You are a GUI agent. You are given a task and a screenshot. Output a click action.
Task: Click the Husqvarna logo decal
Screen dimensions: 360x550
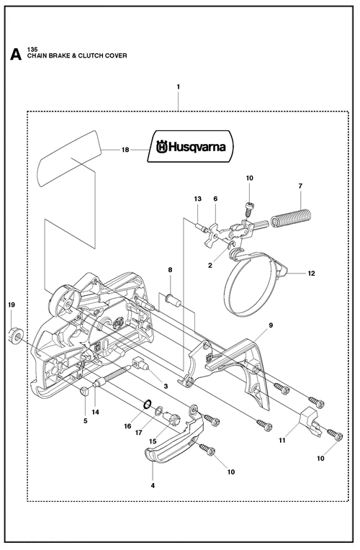(191, 146)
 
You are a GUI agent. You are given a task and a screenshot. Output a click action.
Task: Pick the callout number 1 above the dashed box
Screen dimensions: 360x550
(179, 86)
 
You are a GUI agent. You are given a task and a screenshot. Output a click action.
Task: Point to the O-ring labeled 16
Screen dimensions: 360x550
(148, 405)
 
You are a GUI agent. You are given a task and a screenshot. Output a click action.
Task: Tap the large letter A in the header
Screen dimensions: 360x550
(15, 55)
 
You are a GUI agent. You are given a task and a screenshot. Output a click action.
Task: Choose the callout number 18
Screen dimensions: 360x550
(125, 150)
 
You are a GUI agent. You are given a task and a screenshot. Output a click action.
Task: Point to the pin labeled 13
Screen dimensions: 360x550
(201, 227)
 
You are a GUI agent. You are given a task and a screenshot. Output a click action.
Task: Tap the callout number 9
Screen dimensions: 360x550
(271, 325)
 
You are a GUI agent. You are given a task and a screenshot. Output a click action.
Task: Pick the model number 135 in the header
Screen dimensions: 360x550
(32, 50)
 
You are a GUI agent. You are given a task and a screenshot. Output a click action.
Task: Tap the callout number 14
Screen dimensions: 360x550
(96, 412)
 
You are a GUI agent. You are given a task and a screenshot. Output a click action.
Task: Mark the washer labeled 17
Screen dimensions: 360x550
(158, 410)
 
